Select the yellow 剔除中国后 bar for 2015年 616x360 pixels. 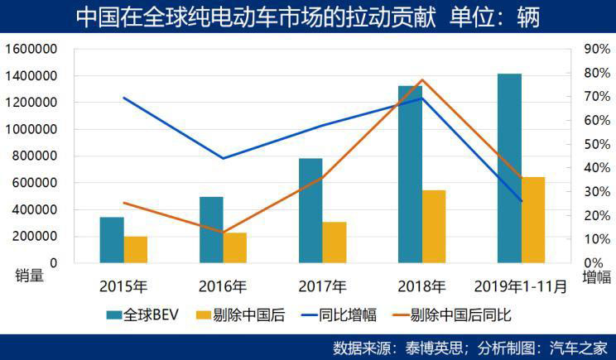(136, 249)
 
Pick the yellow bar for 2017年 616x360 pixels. (334, 242)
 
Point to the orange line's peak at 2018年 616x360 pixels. (422, 80)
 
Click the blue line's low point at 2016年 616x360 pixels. (223, 158)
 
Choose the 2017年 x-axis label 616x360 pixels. (322, 287)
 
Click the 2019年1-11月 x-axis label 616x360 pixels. (521, 287)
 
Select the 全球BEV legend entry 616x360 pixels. (137, 314)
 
